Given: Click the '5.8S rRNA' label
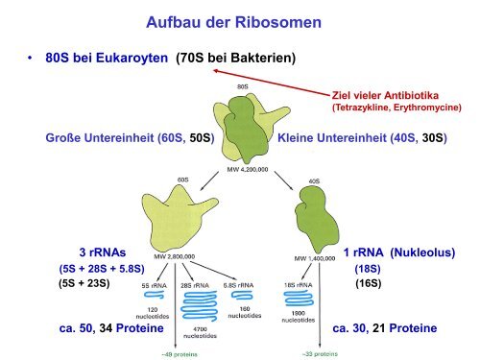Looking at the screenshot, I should tap(246, 285).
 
